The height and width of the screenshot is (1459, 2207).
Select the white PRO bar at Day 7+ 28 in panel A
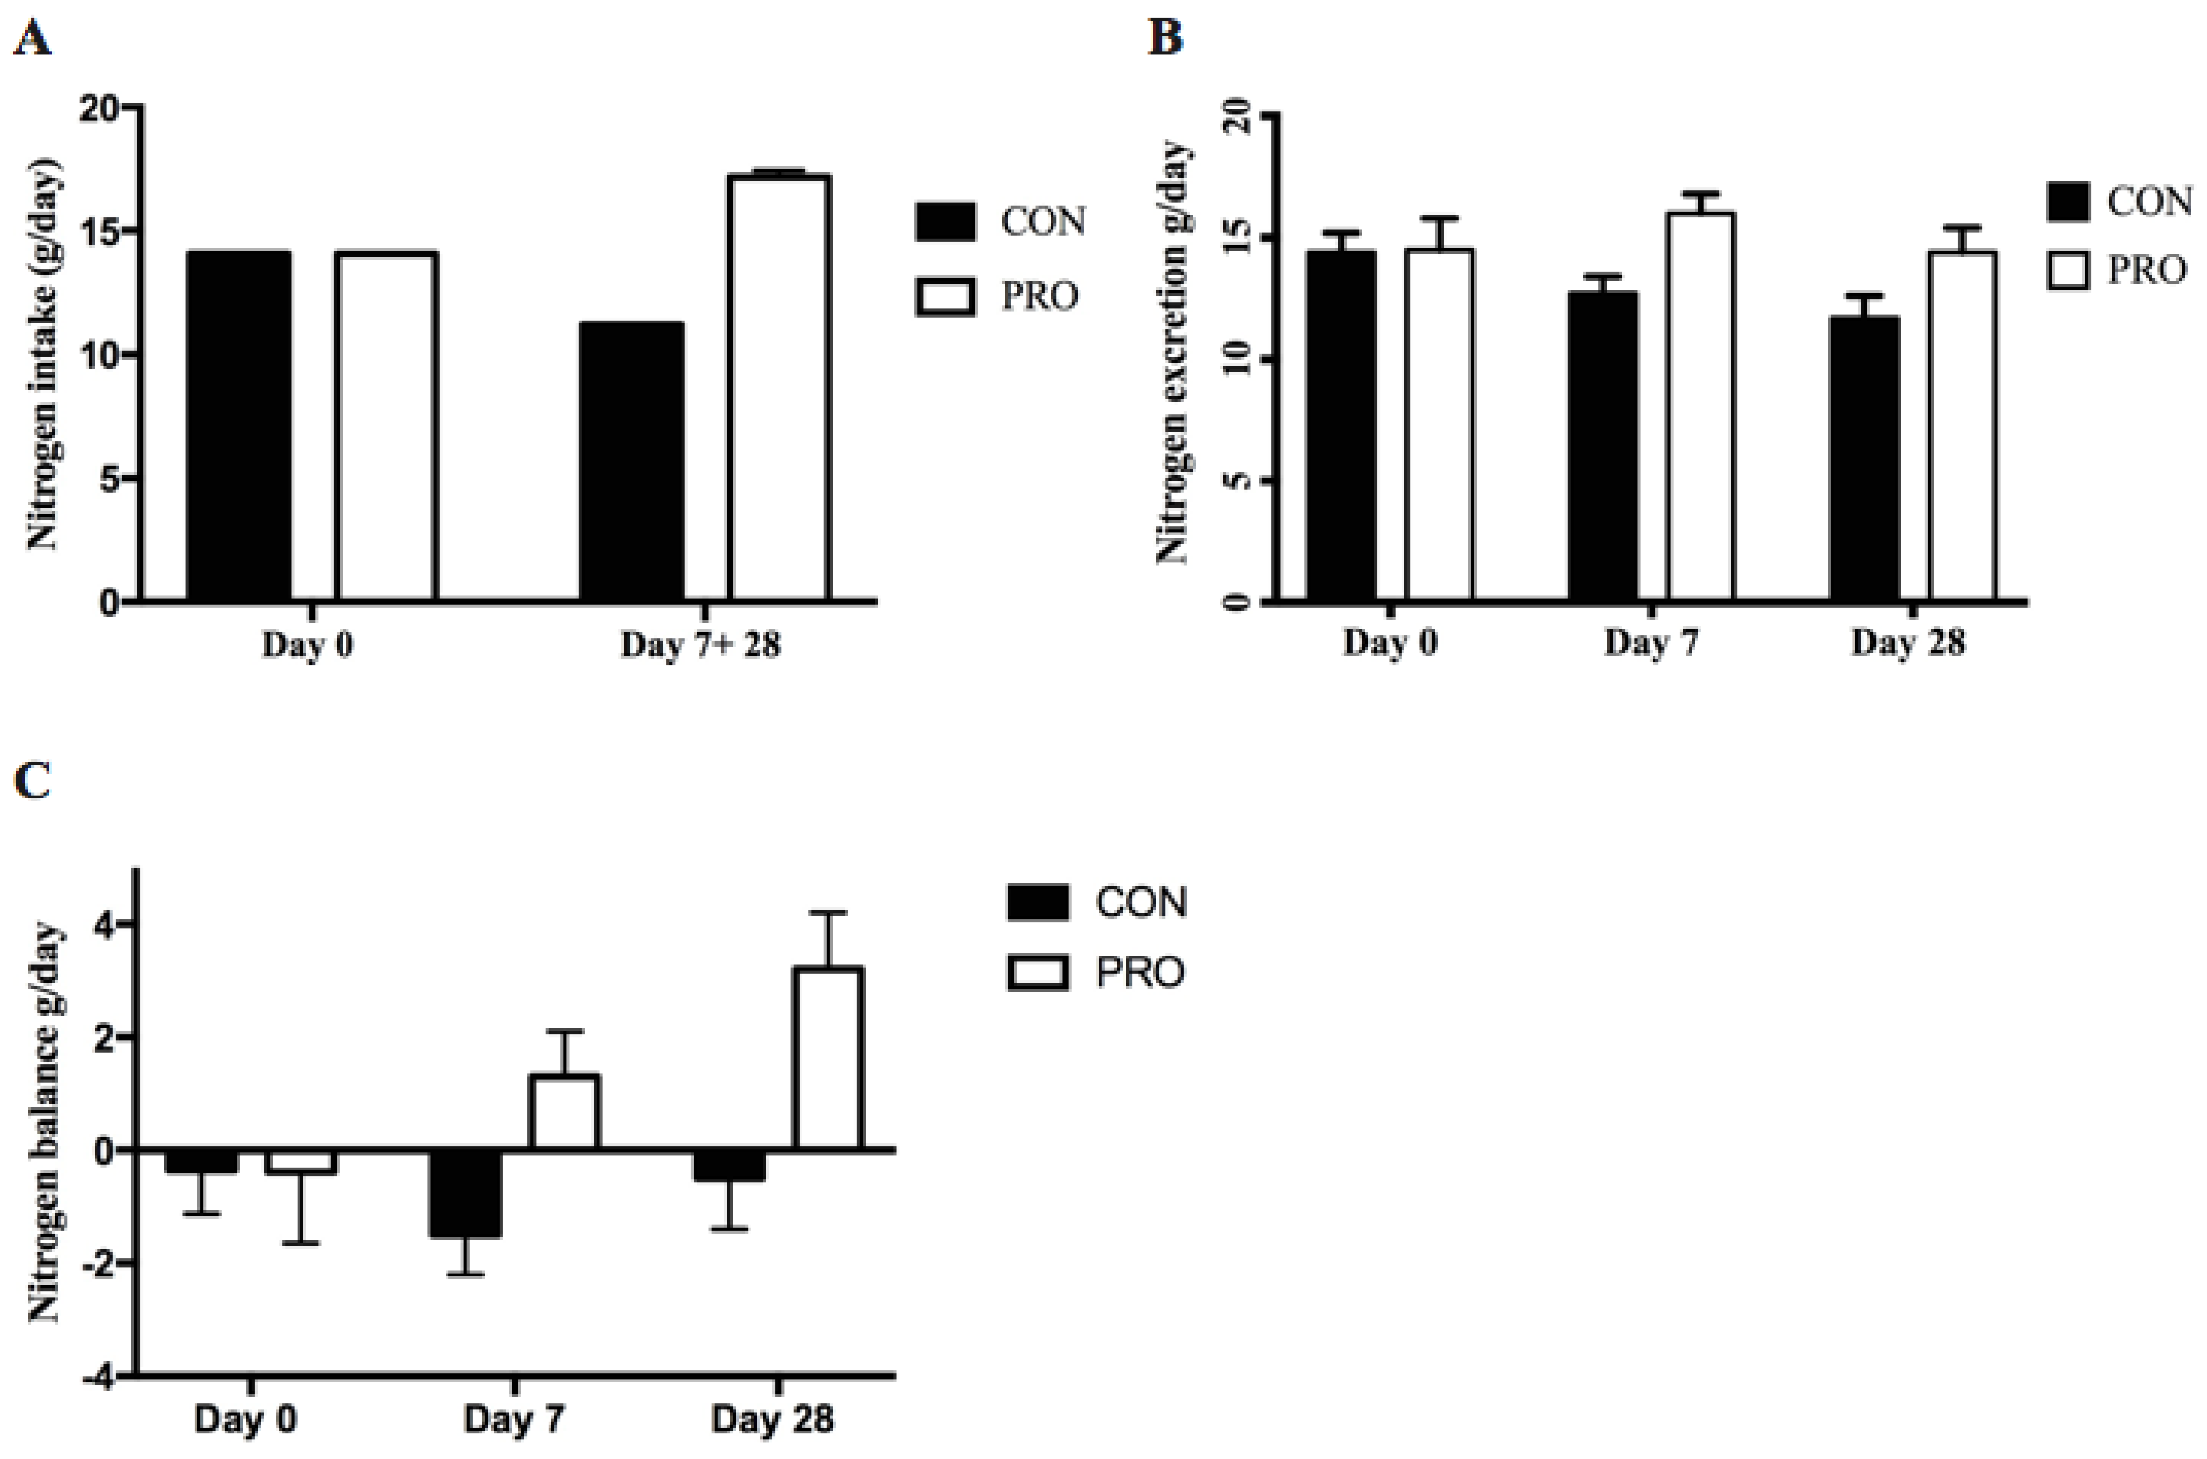pos(779,386)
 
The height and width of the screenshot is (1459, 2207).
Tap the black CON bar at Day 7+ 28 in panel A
pos(631,461)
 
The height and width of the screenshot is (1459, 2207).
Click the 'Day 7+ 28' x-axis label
pos(700,644)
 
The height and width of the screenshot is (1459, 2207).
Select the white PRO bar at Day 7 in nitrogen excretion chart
pos(1700,406)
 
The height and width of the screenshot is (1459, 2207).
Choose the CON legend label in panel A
pos(1042,222)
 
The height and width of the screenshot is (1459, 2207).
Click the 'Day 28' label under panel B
pos(1908,642)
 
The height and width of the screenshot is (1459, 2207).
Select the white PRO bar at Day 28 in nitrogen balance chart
pos(827,1058)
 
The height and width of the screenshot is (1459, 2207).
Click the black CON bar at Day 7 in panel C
pos(465,1194)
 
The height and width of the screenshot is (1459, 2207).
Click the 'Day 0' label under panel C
pos(246,1419)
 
